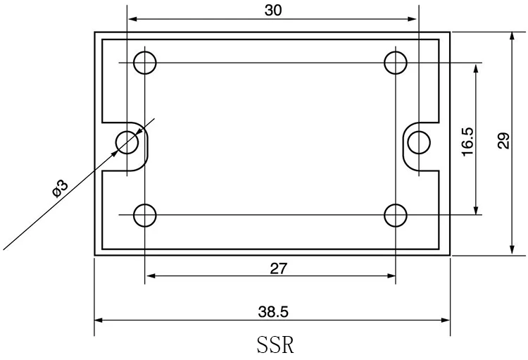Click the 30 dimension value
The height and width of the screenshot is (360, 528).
pyautogui.click(x=273, y=11)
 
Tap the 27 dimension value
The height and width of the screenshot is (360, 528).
pyautogui.click(x=279, y=268)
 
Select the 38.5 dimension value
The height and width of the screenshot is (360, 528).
pyautogui.click(x=273, y=312)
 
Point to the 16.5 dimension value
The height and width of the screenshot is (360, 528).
pyautogui.click(x=467, y=141)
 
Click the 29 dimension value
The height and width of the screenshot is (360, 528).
pyautogui.click(x=504, y=141)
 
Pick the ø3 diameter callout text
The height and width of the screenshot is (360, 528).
pyautogui.click(x=61, y=188)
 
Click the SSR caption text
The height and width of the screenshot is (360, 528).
pyautogui.click(x=275, y=345)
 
